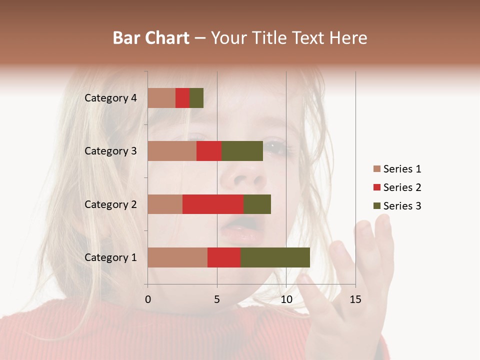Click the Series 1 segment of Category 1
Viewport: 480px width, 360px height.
pyautogui.click(x=177, y=257)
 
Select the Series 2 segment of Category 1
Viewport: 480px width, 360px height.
pyautogui.click(x=224, y=257)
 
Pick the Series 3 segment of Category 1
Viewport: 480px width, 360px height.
pyautogui.click(x=275, y=257)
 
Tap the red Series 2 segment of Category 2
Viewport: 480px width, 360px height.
pyautogui.click(x=213, y=204)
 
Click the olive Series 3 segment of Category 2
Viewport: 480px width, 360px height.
pyautogui.click(x=257, y=204)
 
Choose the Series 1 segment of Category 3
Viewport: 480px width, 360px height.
pyautogui.click(x=172, y=151)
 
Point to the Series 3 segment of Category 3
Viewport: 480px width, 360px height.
pyautogui.click(x=242, y=151)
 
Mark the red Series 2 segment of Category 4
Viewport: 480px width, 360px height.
pyautogui.click(x=182, y=98)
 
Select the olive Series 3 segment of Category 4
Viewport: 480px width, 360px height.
pyautogui.click(x=196, y=98)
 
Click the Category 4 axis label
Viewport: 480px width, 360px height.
pyautogui.click(x=110, y=98)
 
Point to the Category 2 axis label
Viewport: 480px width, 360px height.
pyautogui.click(x=110, y=204)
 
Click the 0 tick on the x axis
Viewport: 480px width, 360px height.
pyautogui.click(x=147, y=299)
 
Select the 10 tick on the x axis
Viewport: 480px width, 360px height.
pyautogui.click(x=286, y=299)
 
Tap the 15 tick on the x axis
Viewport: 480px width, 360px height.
pyautogui.click(x=355, y=299)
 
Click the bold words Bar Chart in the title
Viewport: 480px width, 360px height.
pyautogui.click(x=151, y=38)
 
